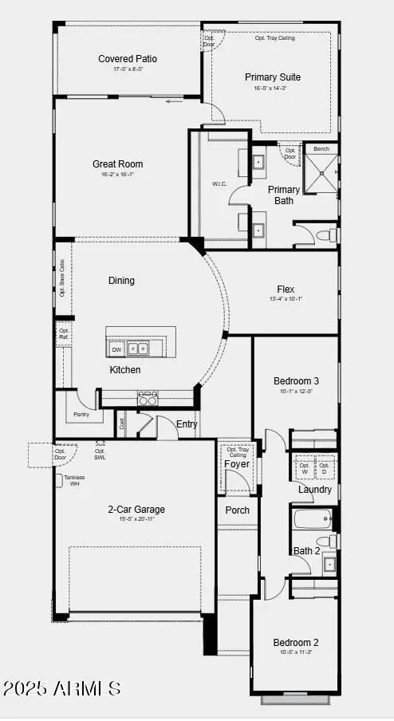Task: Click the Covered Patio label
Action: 128,59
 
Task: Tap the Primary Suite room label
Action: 272,77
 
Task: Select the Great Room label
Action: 117,164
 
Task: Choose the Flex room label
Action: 286,290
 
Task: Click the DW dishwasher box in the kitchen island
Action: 116,349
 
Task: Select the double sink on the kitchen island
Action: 139,349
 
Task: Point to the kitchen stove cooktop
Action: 147,398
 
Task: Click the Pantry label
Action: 81,415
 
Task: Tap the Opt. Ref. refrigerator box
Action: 64,334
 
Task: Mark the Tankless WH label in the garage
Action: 74,481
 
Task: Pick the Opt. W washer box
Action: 304,468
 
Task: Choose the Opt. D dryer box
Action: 325,468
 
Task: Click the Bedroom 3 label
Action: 296,381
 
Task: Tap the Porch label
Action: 237,510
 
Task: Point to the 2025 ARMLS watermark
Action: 63,687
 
